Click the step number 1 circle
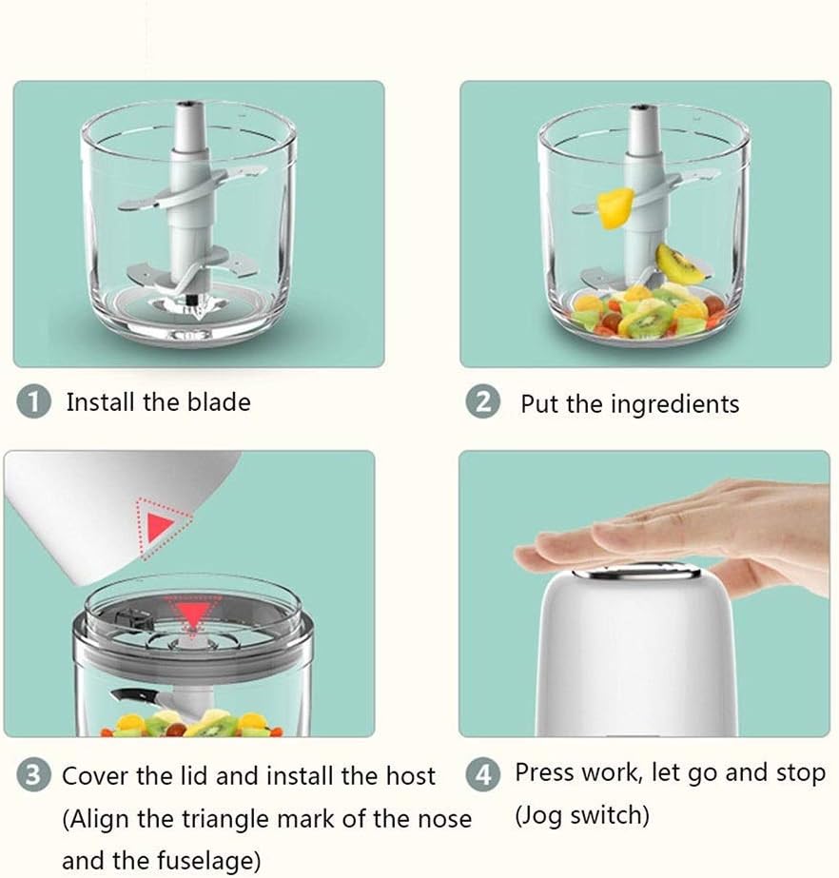click(x=33, y=402)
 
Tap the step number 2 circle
click(x=483, y=402)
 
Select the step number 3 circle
click(x=33, y=775)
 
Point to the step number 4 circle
click(x=483, y=774)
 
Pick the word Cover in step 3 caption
click(x=92, y=775)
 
